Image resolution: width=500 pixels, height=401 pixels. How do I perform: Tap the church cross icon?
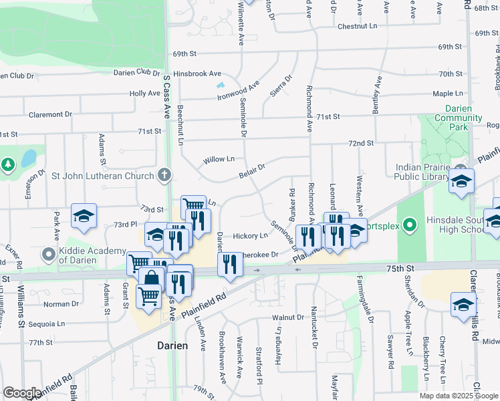tap(164, 176)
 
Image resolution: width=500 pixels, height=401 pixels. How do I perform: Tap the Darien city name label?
tap(172, 346)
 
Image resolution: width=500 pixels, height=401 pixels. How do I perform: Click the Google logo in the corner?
tap(22, 394)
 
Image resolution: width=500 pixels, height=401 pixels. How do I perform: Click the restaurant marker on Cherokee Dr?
tap(229, 265)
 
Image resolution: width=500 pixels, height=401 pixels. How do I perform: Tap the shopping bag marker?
tap(152, 279)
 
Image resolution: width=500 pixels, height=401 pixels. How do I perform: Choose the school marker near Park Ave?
tap(84, 216)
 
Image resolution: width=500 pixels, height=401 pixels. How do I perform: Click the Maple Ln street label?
tap(447, 94)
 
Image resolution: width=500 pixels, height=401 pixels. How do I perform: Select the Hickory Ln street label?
tap(250, 236)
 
